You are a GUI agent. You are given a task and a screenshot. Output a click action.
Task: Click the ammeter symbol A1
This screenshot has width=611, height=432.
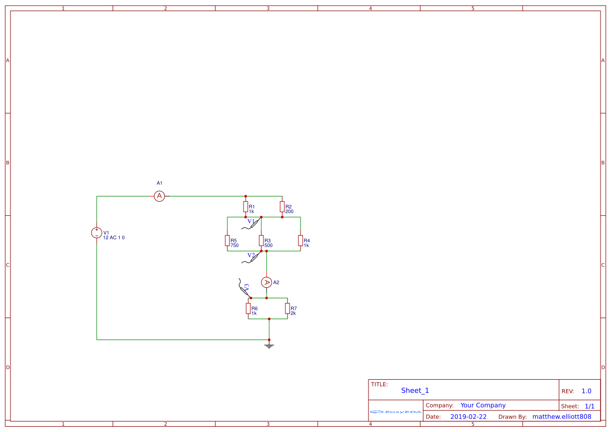[159, 196]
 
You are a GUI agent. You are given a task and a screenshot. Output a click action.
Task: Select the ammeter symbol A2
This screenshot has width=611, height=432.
[267, 283]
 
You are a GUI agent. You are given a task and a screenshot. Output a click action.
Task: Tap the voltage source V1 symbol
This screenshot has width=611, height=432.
[97, 232]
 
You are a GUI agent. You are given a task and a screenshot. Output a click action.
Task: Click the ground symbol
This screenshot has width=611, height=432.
[269, 346]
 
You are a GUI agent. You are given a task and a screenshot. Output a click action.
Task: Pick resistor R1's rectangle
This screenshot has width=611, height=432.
[246, 206]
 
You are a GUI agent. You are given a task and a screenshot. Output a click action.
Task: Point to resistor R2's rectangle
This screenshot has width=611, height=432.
[282, 206]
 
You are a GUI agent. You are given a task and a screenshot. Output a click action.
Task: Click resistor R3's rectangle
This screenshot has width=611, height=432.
[261, 241]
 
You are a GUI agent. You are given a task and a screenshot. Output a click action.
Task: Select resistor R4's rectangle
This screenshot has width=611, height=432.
[301, 241]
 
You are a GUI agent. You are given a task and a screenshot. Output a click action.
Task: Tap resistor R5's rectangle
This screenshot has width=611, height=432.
[227, 241]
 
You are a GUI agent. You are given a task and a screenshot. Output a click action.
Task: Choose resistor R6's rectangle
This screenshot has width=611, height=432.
[248, 309]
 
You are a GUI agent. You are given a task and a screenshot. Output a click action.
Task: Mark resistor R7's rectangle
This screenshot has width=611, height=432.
[287, 309]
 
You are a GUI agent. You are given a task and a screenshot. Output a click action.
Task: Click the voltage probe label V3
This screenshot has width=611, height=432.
[246, 287]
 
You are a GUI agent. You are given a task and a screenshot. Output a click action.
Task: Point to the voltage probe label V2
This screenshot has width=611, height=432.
[251, 255]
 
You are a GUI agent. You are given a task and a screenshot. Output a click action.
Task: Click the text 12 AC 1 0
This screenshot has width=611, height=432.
[114, 238]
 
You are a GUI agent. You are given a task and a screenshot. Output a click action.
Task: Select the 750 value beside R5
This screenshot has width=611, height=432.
[235, 246]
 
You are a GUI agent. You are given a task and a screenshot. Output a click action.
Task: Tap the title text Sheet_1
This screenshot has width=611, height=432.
[415, 390]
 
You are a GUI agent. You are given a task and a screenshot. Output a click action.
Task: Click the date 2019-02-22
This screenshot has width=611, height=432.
[468, 416]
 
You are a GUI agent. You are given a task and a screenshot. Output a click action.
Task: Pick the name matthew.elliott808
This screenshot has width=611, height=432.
[561, 416]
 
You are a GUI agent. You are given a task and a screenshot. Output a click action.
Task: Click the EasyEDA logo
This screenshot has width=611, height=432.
[396, 412]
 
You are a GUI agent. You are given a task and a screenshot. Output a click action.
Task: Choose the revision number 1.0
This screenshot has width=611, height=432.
[586, 391]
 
